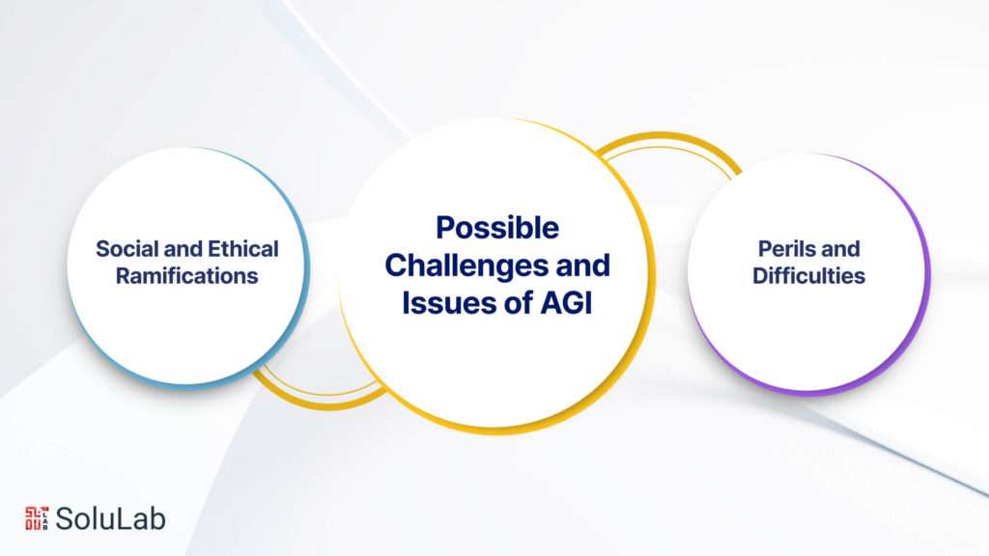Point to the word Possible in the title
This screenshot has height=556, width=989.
pyautogui.click(x=496, y=228)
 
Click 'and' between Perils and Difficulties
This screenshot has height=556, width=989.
pyautogui.click(x=842, y=249)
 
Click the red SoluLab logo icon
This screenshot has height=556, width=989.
pyautogui.click(x=36, y=517)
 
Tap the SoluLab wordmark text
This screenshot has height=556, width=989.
pyautogui.click(x=110, y=518)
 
